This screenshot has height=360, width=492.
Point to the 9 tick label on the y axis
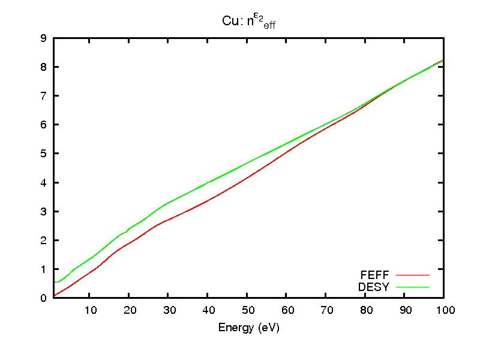43,38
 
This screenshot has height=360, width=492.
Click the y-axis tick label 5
43,154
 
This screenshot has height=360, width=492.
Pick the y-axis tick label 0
43,298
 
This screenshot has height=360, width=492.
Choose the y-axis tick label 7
43,96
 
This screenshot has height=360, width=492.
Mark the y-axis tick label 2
43,241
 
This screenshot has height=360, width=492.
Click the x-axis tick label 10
89,310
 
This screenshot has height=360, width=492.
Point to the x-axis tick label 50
247,310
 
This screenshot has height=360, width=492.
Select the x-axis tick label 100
444,310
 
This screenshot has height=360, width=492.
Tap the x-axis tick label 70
326,310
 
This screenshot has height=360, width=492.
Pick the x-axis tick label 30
168,310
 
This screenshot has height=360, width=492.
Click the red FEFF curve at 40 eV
208,200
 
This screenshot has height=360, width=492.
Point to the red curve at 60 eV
286,152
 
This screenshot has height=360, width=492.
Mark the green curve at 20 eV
128,229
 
